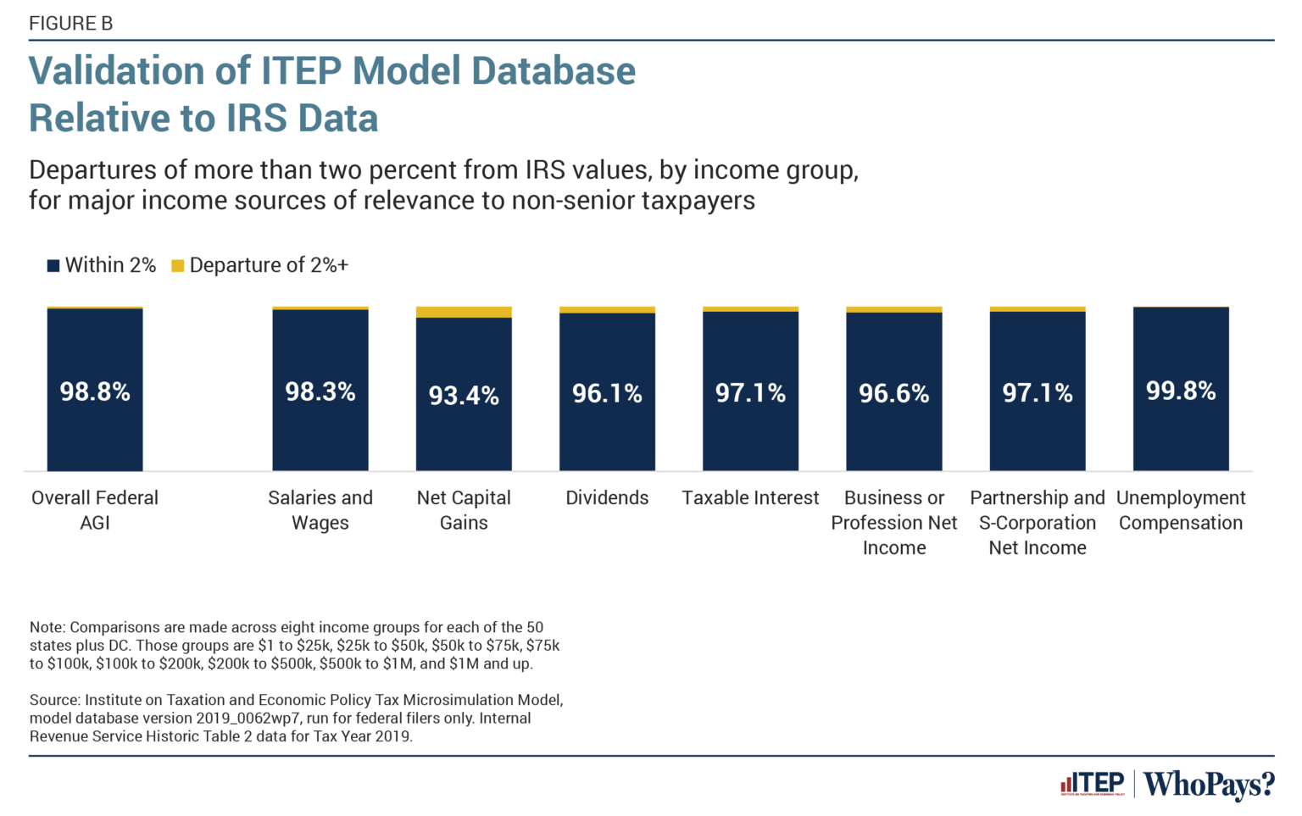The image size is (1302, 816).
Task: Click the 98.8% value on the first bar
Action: click(x=95, y=391)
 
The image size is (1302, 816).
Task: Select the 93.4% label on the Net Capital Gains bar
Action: click(x=464, y=395)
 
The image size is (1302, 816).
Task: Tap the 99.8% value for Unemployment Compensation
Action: click(x=1181, y=391)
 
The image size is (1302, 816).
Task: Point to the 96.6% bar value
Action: click(x=894, y=393)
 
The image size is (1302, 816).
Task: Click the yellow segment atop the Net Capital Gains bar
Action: click(x=464, y=312)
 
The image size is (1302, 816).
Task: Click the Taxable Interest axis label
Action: click(x=750, y=498)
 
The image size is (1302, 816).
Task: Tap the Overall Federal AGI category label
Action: click(x=95, y=510)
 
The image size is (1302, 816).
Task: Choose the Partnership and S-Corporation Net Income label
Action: click(x=1038, y=523)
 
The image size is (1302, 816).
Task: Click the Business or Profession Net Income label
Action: click(x=894, y=523)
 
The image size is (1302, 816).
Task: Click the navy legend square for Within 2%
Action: click(x=53, y=266)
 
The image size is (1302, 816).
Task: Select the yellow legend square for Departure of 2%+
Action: click(x=178, y=266)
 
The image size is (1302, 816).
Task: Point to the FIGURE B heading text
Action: click(x=71, y=24)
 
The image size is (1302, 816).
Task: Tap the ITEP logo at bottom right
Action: click(x=1093, y=783)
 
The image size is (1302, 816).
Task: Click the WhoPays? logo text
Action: click(x=1209, y=784)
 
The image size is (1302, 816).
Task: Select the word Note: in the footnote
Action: click(x=47, y=628)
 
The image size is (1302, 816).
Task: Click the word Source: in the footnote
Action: click(x=55, y=701)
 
